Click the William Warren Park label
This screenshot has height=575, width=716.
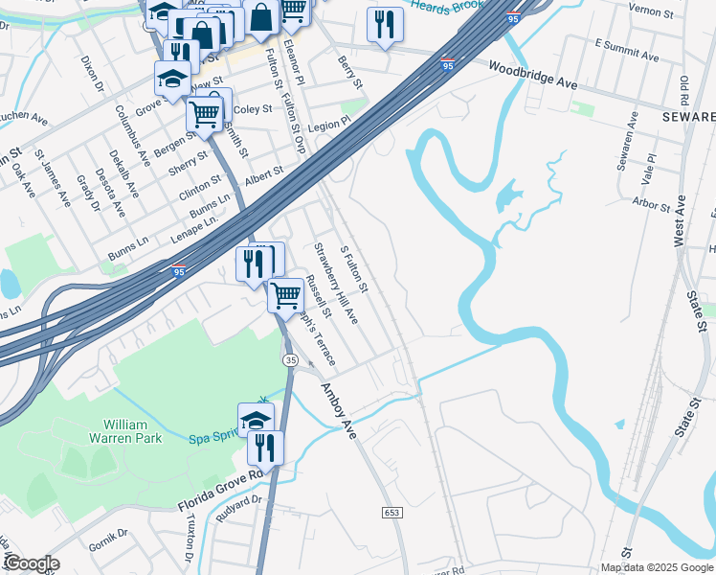(x=132, y=431)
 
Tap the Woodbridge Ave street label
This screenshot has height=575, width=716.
(x=532, y=77)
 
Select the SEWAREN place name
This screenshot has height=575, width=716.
(x=688, y=116)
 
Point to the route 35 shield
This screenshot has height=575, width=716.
(x=290, y=358)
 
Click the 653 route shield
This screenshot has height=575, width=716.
(x=393, y=514)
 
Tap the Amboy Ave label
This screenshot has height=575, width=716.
(x=338, y=411)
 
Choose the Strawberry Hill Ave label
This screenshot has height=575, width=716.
(x=336, y=283)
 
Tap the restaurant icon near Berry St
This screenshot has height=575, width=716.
(x=384, y=25)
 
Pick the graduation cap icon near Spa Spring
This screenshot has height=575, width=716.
(x=256, y=419)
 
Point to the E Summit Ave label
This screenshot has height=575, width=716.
(x=626, y=51)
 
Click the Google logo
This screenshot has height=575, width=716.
(x=31, y=563)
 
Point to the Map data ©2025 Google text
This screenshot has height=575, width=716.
(x=657, y=567)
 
